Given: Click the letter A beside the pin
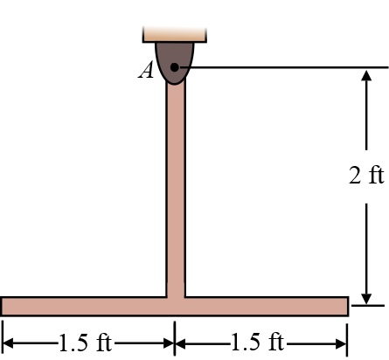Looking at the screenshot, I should click(146, 71).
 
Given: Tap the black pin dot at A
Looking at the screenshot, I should click(175, 67).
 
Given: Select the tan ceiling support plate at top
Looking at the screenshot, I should click(175, 34).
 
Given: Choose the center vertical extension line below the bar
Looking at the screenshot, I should click(175, 336).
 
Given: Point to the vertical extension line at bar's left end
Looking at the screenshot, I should click(3, 336).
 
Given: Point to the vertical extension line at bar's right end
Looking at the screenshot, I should click(348, 336).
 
